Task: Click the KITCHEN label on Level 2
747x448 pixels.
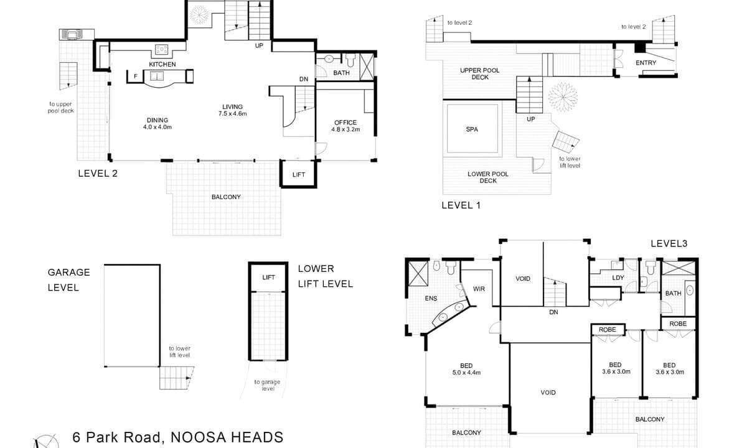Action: pyautogui.click(x=162, y=64)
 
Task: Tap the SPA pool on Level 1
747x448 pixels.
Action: pyautogui.click(x=472, y=129)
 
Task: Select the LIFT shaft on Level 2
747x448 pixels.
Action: pyautogui.click(x=298, y=174)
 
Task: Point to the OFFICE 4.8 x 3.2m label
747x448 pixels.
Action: pyautogui.click(x=345, y=126)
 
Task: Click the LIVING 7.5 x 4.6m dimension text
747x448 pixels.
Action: pyautogui.click(x=232, y=114)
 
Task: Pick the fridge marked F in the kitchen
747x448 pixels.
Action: pyautogui.click(x=136, y=77)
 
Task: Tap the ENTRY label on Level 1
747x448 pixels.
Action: pyautogui.click(x=646, y=63)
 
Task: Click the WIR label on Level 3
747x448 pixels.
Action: pyautogui.click(x=479, y=289)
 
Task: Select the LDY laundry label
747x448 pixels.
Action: pyautogui.click(x=618, y=278)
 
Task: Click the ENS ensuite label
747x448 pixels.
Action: pyautogui.click(x=431, y=298)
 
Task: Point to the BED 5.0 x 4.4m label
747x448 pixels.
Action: pyautogui.click(x=466, y=369)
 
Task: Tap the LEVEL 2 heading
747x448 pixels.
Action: pyautogui.click(x=98, y=174)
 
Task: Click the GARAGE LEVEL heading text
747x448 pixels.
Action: pyautogui.click(x=68, y=280)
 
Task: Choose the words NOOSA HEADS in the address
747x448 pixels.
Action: pyautogui.click(x=227, y=437)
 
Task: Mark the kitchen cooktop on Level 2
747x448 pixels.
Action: pyautogui.click(x=161, y=50)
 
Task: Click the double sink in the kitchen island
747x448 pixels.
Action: pyautogui.click(x=157, y=76)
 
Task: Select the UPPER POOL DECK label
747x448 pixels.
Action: pyautogui.click(x=480, y=73)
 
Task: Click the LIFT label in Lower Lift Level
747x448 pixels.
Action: pyautogui.click(x=268, y=278)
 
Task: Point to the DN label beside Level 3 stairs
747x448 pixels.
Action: pyautogui.click(x=553, y=312)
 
